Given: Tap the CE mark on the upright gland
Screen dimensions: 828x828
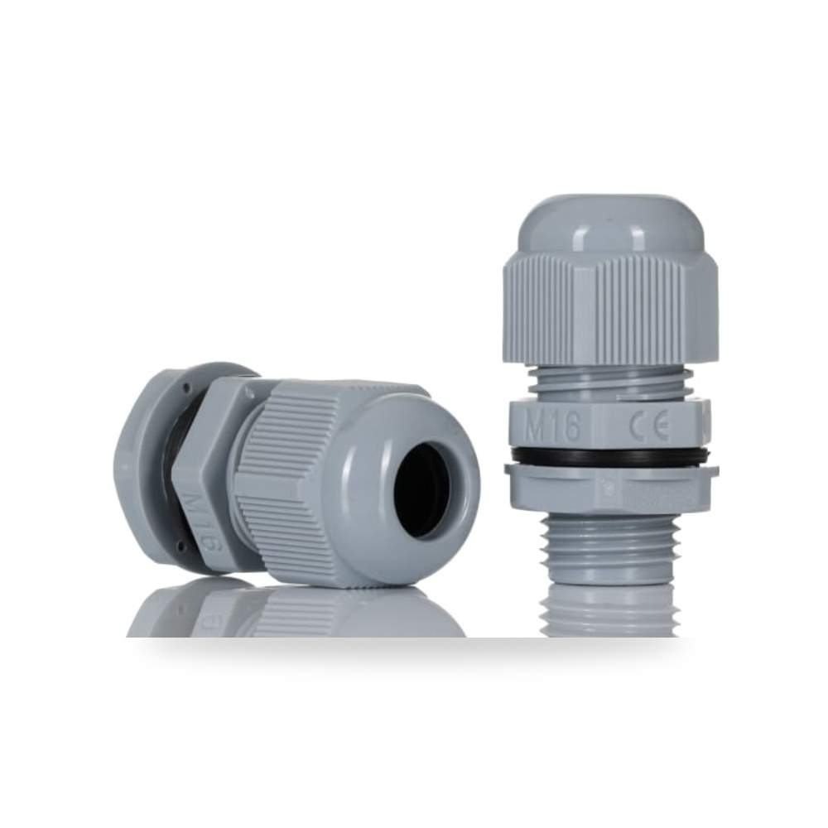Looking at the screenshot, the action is pyautogui.click(x=649, y=425).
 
